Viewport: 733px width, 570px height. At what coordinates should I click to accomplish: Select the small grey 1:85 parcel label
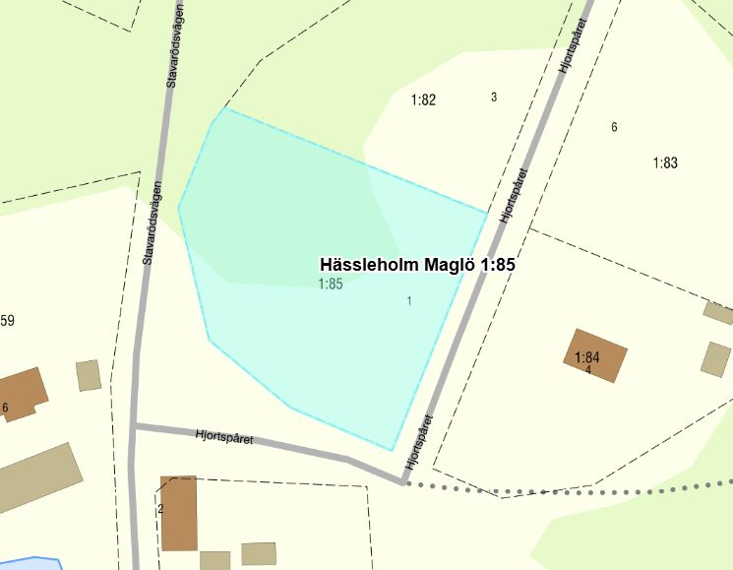(330, 285)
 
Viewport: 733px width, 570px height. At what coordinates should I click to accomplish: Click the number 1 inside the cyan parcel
(409, 301)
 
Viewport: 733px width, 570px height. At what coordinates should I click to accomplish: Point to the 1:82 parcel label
(423, 99)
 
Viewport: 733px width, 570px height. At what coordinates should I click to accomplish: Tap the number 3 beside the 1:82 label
(494, 96)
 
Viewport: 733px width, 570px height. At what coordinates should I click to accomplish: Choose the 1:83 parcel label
(665, 163)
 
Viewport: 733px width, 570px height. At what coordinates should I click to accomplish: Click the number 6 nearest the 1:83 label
(614, 127)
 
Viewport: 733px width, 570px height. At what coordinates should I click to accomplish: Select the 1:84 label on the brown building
(587, 357)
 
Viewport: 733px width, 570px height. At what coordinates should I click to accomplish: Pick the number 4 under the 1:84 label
(587, 370)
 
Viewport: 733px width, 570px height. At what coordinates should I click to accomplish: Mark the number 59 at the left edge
(7, 321)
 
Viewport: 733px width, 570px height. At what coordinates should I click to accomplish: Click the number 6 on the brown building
(5, 408)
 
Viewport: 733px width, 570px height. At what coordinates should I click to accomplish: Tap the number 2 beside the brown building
(160, 509)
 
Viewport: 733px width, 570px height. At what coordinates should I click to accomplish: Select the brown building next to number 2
(179, 514)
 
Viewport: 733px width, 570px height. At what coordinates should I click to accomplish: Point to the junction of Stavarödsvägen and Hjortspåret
(135, 426)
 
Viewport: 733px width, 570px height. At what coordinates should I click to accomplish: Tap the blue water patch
(30, 564)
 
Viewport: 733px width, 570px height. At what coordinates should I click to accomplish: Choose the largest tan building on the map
(37, 477)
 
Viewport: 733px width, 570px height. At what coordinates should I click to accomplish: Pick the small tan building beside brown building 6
(89, 375)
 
